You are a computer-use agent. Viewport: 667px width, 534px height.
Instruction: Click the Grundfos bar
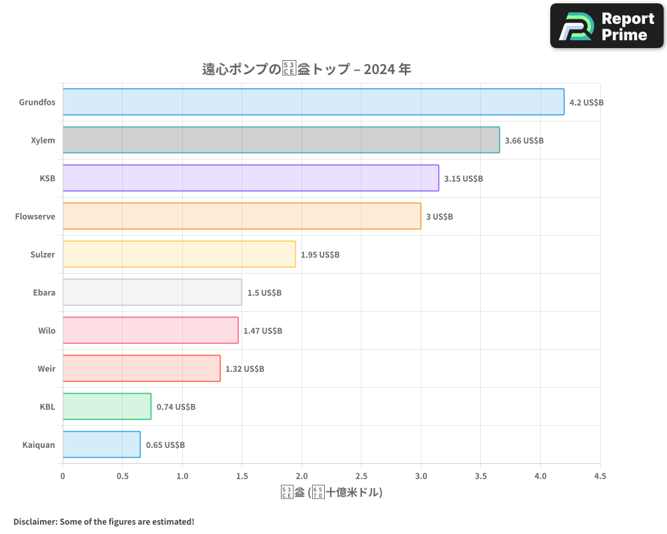click(313, 102)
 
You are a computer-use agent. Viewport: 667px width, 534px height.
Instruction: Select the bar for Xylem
click(281, 140)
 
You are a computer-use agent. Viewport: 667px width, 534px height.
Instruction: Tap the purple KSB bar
click(251, 178)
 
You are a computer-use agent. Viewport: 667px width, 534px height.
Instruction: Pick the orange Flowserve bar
click(241, 216)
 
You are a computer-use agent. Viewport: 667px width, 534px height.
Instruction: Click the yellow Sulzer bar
click(179, 254)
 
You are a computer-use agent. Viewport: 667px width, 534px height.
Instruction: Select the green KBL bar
click(107, 407)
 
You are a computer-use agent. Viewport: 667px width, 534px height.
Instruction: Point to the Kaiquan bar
click(101, 445)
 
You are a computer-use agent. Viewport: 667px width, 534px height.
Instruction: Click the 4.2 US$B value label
click(586, 103)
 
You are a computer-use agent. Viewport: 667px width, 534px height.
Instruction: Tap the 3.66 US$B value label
click(524, 141)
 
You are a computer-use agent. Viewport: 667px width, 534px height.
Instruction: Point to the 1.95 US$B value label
click(320, 255)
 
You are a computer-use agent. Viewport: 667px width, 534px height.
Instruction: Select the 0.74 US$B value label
click(176, 407)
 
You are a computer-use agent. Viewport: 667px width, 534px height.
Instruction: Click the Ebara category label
click(44, 292)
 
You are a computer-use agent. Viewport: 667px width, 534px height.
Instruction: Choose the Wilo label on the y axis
click(47, 330)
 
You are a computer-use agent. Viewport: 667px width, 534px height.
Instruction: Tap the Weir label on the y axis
click(47, 368)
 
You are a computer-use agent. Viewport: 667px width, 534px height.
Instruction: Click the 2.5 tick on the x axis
click(361, 477)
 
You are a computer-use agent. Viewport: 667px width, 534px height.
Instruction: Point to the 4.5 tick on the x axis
click(600, 477)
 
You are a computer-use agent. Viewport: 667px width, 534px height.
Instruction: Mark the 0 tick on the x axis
click(63, 477)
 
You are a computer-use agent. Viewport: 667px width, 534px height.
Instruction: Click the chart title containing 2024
click(307, 69)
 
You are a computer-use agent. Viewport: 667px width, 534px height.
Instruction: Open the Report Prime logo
click(607, 26)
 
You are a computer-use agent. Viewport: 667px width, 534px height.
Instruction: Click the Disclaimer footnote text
click(104, 522)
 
